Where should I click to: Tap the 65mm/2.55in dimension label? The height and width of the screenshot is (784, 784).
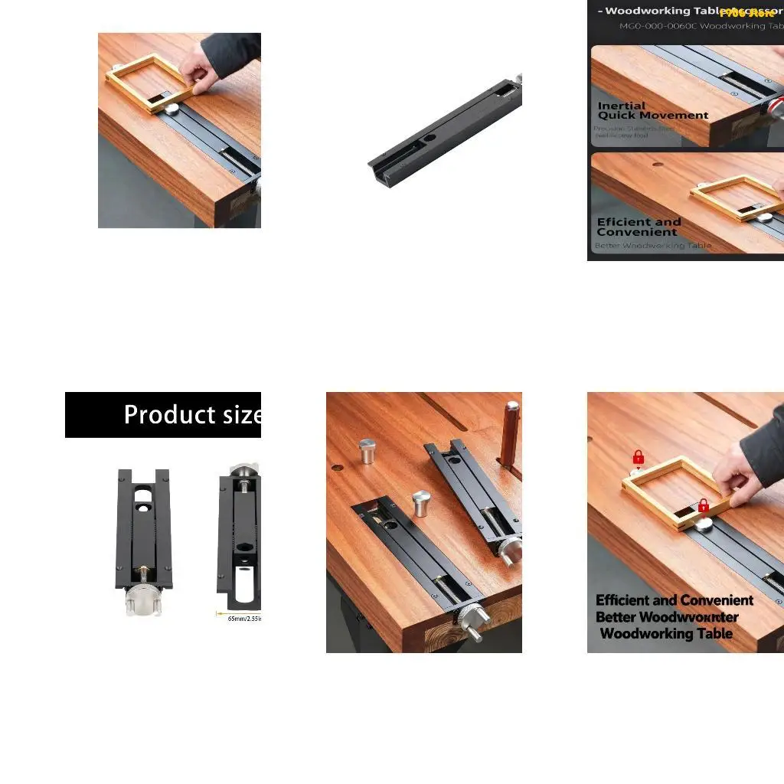coord(244,618)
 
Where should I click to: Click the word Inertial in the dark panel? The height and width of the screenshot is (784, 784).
coord(621,106)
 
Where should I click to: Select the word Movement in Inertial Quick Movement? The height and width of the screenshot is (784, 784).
coord(675,116)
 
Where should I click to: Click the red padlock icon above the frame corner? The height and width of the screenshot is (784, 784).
coord(639,458)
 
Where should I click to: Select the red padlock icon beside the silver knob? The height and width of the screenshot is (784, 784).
coord(704,505)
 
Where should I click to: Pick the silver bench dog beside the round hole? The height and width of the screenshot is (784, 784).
coord(367,451)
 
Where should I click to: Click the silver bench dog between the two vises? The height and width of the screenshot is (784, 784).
coord(421,504)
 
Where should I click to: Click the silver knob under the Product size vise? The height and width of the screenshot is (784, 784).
coord(143,599)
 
